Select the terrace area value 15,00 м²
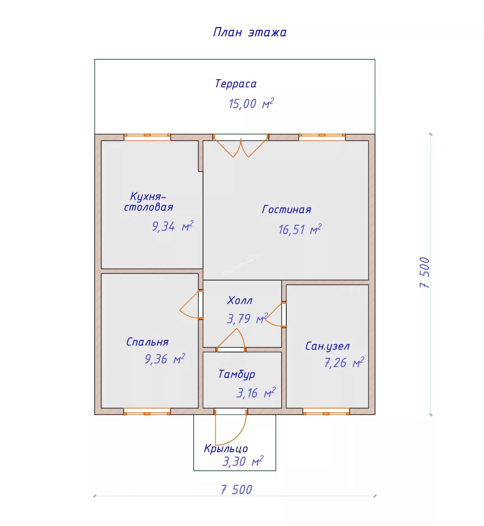tap(251, 104)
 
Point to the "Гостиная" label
tap(286, 210)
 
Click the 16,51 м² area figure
tap(300, 230)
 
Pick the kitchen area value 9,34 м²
tap(173, 226)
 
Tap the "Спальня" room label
tap(147, 342)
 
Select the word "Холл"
tap(240, 300)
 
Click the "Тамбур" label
tap(237, 374)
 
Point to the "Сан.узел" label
tap(327, 346)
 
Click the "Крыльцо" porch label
tap(226, 449)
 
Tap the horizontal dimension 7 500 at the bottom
tap(237, 490)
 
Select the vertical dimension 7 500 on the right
tap(424, 273)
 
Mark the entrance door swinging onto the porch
tap(231, 427)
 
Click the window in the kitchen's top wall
tap(148, 135)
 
